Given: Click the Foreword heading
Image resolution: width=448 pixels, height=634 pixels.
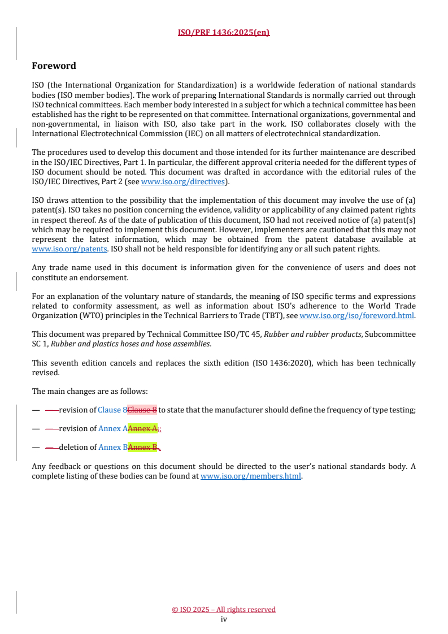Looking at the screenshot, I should [54, 66].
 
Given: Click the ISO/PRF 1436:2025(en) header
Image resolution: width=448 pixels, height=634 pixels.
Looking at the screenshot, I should [224, 32].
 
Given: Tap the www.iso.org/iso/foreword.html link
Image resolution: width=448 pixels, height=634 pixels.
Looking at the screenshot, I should [356, 315].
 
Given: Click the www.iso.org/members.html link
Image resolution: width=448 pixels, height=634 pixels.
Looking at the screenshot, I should [251, 476].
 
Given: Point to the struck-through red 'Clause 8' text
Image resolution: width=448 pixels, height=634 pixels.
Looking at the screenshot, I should [142, 410].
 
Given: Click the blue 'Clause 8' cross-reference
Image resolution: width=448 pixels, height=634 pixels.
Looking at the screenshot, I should [112, 410].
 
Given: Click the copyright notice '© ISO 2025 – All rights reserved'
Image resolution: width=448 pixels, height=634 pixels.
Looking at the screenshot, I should [224, 609].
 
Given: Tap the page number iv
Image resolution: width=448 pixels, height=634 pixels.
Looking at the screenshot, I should [224, 619].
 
